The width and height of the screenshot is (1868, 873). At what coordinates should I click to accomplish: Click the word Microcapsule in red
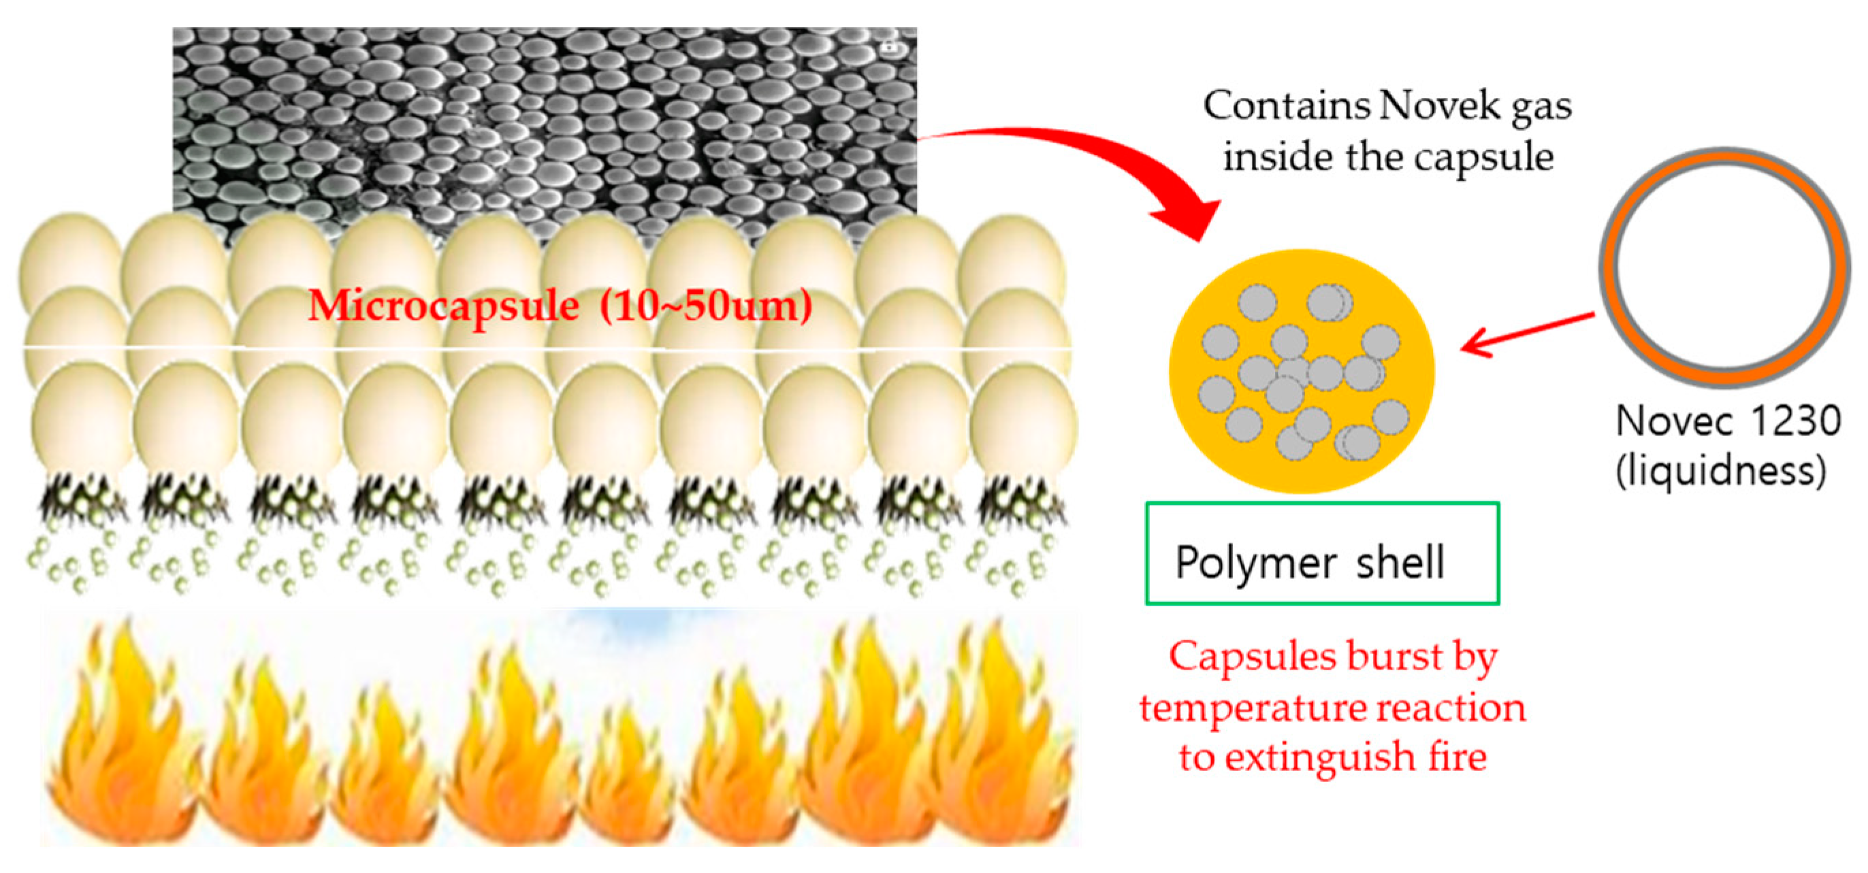tap(444, 306)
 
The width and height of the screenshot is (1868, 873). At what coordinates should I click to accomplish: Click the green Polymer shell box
tap(1321, 554)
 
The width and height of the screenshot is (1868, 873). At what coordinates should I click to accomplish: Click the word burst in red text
tap(1385, 657)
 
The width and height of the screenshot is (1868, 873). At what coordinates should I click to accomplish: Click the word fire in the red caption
tap(1458, 757)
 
